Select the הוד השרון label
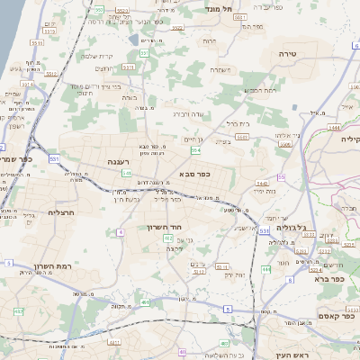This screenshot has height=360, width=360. [165, 228]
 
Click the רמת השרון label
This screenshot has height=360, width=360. [39, 268]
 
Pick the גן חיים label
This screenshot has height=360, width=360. [193, 139]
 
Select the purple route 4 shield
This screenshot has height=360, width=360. [120, 232]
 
